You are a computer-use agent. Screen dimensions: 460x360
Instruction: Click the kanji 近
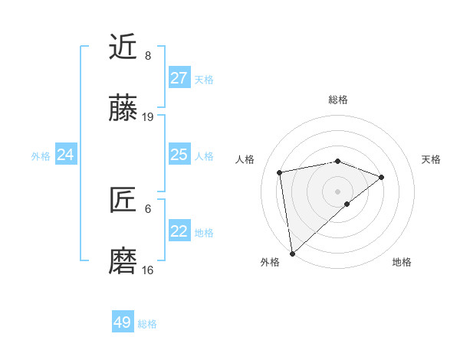(x=123, y=47)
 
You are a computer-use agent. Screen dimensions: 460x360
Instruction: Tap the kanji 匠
(x=123, y=201)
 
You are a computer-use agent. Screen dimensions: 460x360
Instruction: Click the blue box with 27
(x=179, y=78)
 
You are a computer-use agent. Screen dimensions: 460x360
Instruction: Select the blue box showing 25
(x=179, y=155)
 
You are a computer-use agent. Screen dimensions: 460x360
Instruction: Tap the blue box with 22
(x=179, y=231)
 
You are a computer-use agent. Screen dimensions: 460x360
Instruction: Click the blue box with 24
(x=65, y=155)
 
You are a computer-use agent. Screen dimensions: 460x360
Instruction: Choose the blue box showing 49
(x=123, y=322)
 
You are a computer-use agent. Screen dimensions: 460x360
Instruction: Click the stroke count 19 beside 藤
(x=148, y=117)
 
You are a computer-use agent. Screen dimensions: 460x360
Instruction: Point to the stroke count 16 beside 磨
(x=148, y=270)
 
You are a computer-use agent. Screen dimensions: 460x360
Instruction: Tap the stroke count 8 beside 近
(x=148, y=55)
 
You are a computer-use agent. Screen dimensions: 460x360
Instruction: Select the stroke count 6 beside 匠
(x=148, y=208)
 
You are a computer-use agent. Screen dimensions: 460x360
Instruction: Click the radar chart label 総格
(x=337, y=100)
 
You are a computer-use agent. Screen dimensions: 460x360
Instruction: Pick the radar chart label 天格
(x=432, y=159)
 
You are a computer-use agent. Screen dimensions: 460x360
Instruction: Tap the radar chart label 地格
(x=402, y=262)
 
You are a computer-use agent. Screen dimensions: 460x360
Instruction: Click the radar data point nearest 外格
(x=292, y=253)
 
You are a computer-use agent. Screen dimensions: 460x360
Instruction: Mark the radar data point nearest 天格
(x=381, y=177)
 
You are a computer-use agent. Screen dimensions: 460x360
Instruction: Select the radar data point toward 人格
(x=281, y=172)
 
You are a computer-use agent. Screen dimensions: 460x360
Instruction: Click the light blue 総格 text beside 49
(x=147, y=324)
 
